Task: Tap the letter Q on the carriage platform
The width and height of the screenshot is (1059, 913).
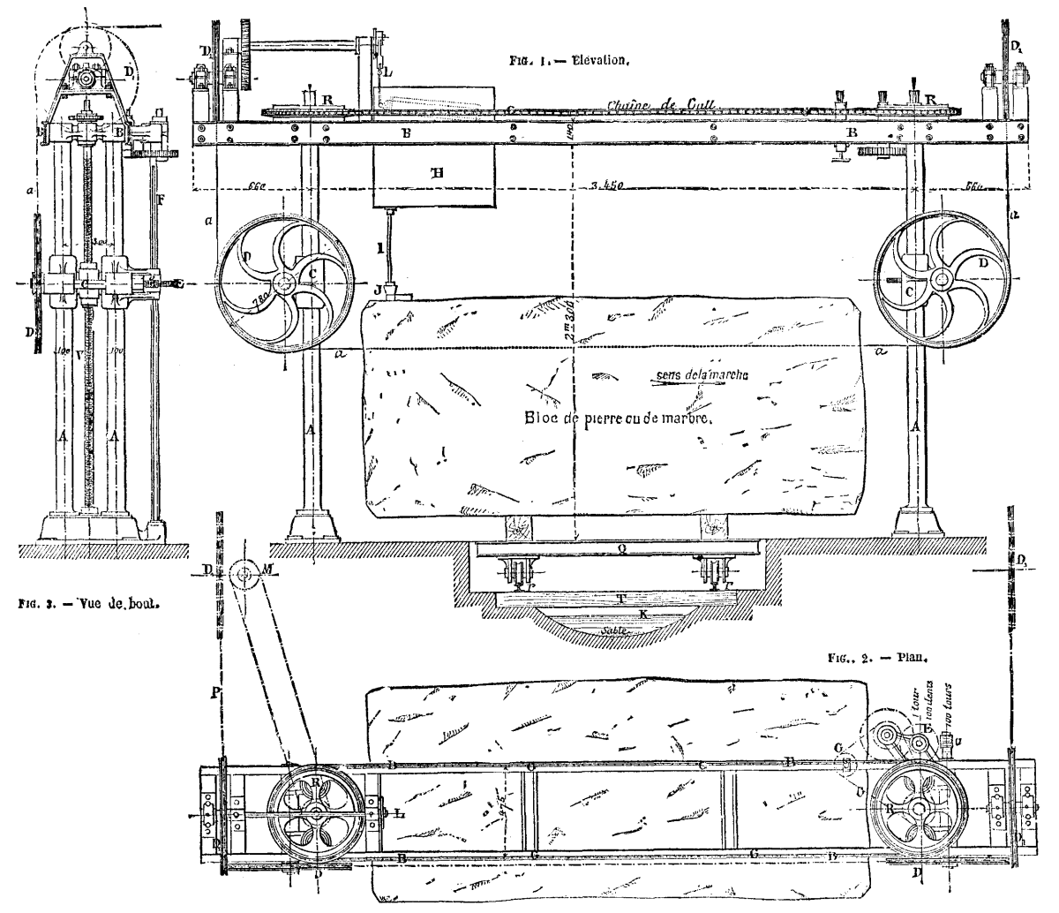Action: (622, 547)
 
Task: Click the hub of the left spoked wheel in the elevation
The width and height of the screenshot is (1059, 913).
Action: (284, 284)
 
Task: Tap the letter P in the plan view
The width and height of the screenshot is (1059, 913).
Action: (214, 667)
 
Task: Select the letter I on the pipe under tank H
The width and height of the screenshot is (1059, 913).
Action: (379, 250)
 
